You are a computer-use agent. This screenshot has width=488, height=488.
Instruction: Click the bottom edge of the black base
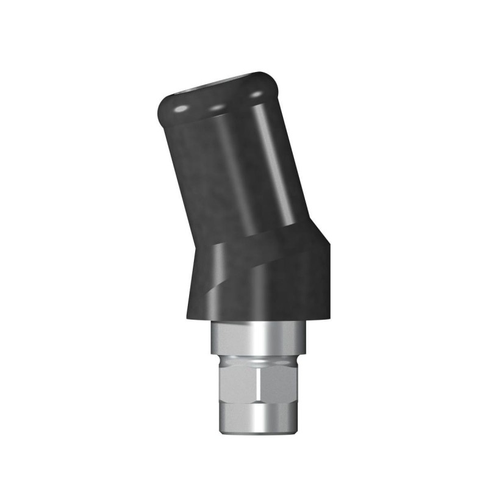pos(256,319)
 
